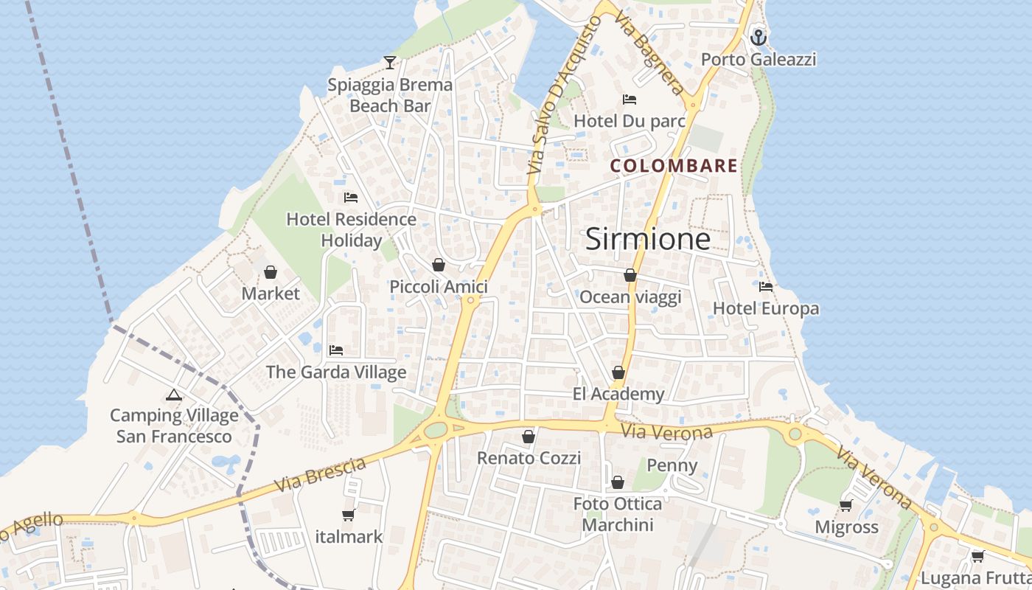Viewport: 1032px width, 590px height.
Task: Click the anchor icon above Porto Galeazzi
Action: click(759, 37)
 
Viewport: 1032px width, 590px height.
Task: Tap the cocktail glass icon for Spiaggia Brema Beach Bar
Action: click(390, 63)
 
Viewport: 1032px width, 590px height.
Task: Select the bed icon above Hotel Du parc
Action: click(630, 99)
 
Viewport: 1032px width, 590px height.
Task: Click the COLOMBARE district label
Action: click(674, 166)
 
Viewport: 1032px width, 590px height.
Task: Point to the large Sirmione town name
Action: click(648, 239)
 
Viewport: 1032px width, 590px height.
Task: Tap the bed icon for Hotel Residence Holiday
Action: click(351, 198)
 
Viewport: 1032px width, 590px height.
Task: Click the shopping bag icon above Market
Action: click(271, 272)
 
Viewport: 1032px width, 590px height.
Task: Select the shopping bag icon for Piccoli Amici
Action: click(439, 265)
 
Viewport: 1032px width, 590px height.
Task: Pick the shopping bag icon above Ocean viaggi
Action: click(630, 275)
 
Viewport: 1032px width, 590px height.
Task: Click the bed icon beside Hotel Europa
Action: click(766, 287)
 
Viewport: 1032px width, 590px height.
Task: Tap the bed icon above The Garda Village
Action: click(336, 350)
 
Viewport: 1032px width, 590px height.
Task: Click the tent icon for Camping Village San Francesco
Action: click(174, 395)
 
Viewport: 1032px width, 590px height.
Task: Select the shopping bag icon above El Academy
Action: click(618, 372)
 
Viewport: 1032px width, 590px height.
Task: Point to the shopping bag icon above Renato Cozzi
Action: click(529, 437)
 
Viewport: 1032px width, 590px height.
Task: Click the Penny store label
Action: click(672, 465)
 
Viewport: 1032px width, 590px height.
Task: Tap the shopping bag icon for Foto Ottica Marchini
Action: click(618, 482)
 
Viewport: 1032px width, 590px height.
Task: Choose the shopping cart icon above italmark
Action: click(349, 515)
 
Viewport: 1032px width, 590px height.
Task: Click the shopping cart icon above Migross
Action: click(846, 505)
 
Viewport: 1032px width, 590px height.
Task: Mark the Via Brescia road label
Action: click(321, 476)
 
